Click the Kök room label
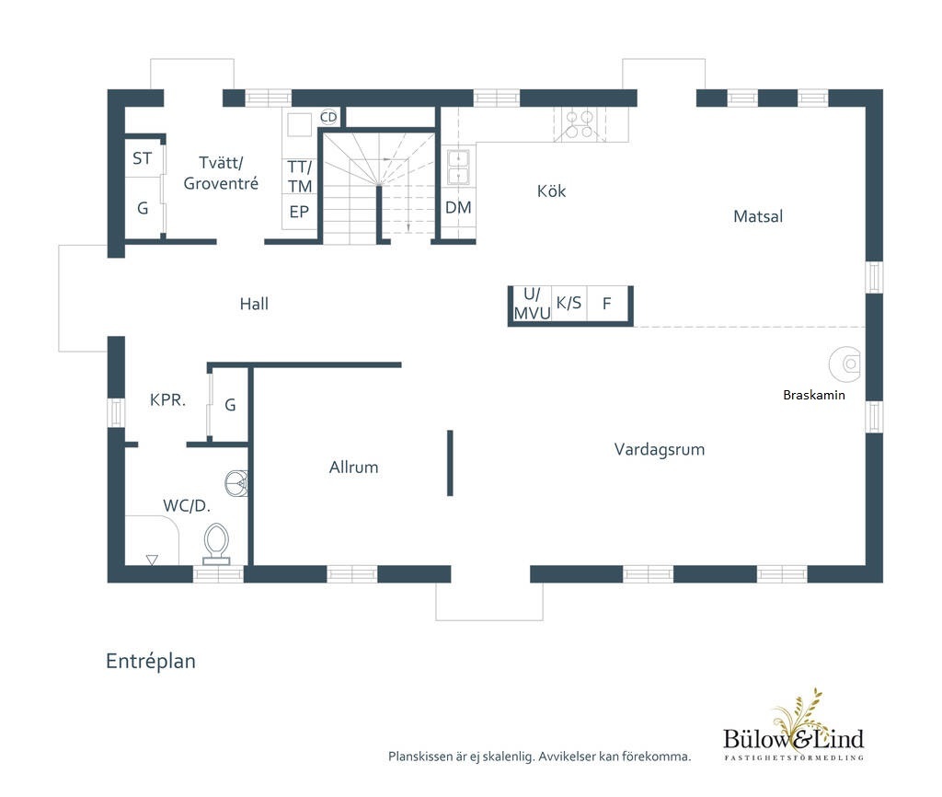pyautogui.click(x=551, y=191)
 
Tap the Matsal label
pyautogui.click(x=758, y=216)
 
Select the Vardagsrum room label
pyautogui.click(x=659, y=450)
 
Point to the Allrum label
pyautogui.click(x=353, y=467)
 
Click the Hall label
pyautogui.click(x=254, y=304)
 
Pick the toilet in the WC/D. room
pyautogui.click(x=216, y=544)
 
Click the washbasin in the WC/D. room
pyautogui.click(x=236, y=482)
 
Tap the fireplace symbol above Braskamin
pyautogui.click(x=845, y=364)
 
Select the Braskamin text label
pyautogui.click(x=813, y=395)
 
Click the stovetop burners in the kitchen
pyautogui.click(x=580, y=124)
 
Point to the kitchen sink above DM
pyautogui.click(x=458, y=167)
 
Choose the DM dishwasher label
pyautogui.click(x=458, y=207)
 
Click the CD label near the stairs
pyautogui.click(x=328, y=117)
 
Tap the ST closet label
pyautogui.click(x=142, y=158)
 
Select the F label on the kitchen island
pyautogui.click(x=607, y=304)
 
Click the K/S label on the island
pyautogui.click(x=569, y=303)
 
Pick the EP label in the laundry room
pyautogui.click(x=299, y=212)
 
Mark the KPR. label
pyautogui.click(x=167, y=399)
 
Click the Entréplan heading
pyautogui.click(x=150, y=661)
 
